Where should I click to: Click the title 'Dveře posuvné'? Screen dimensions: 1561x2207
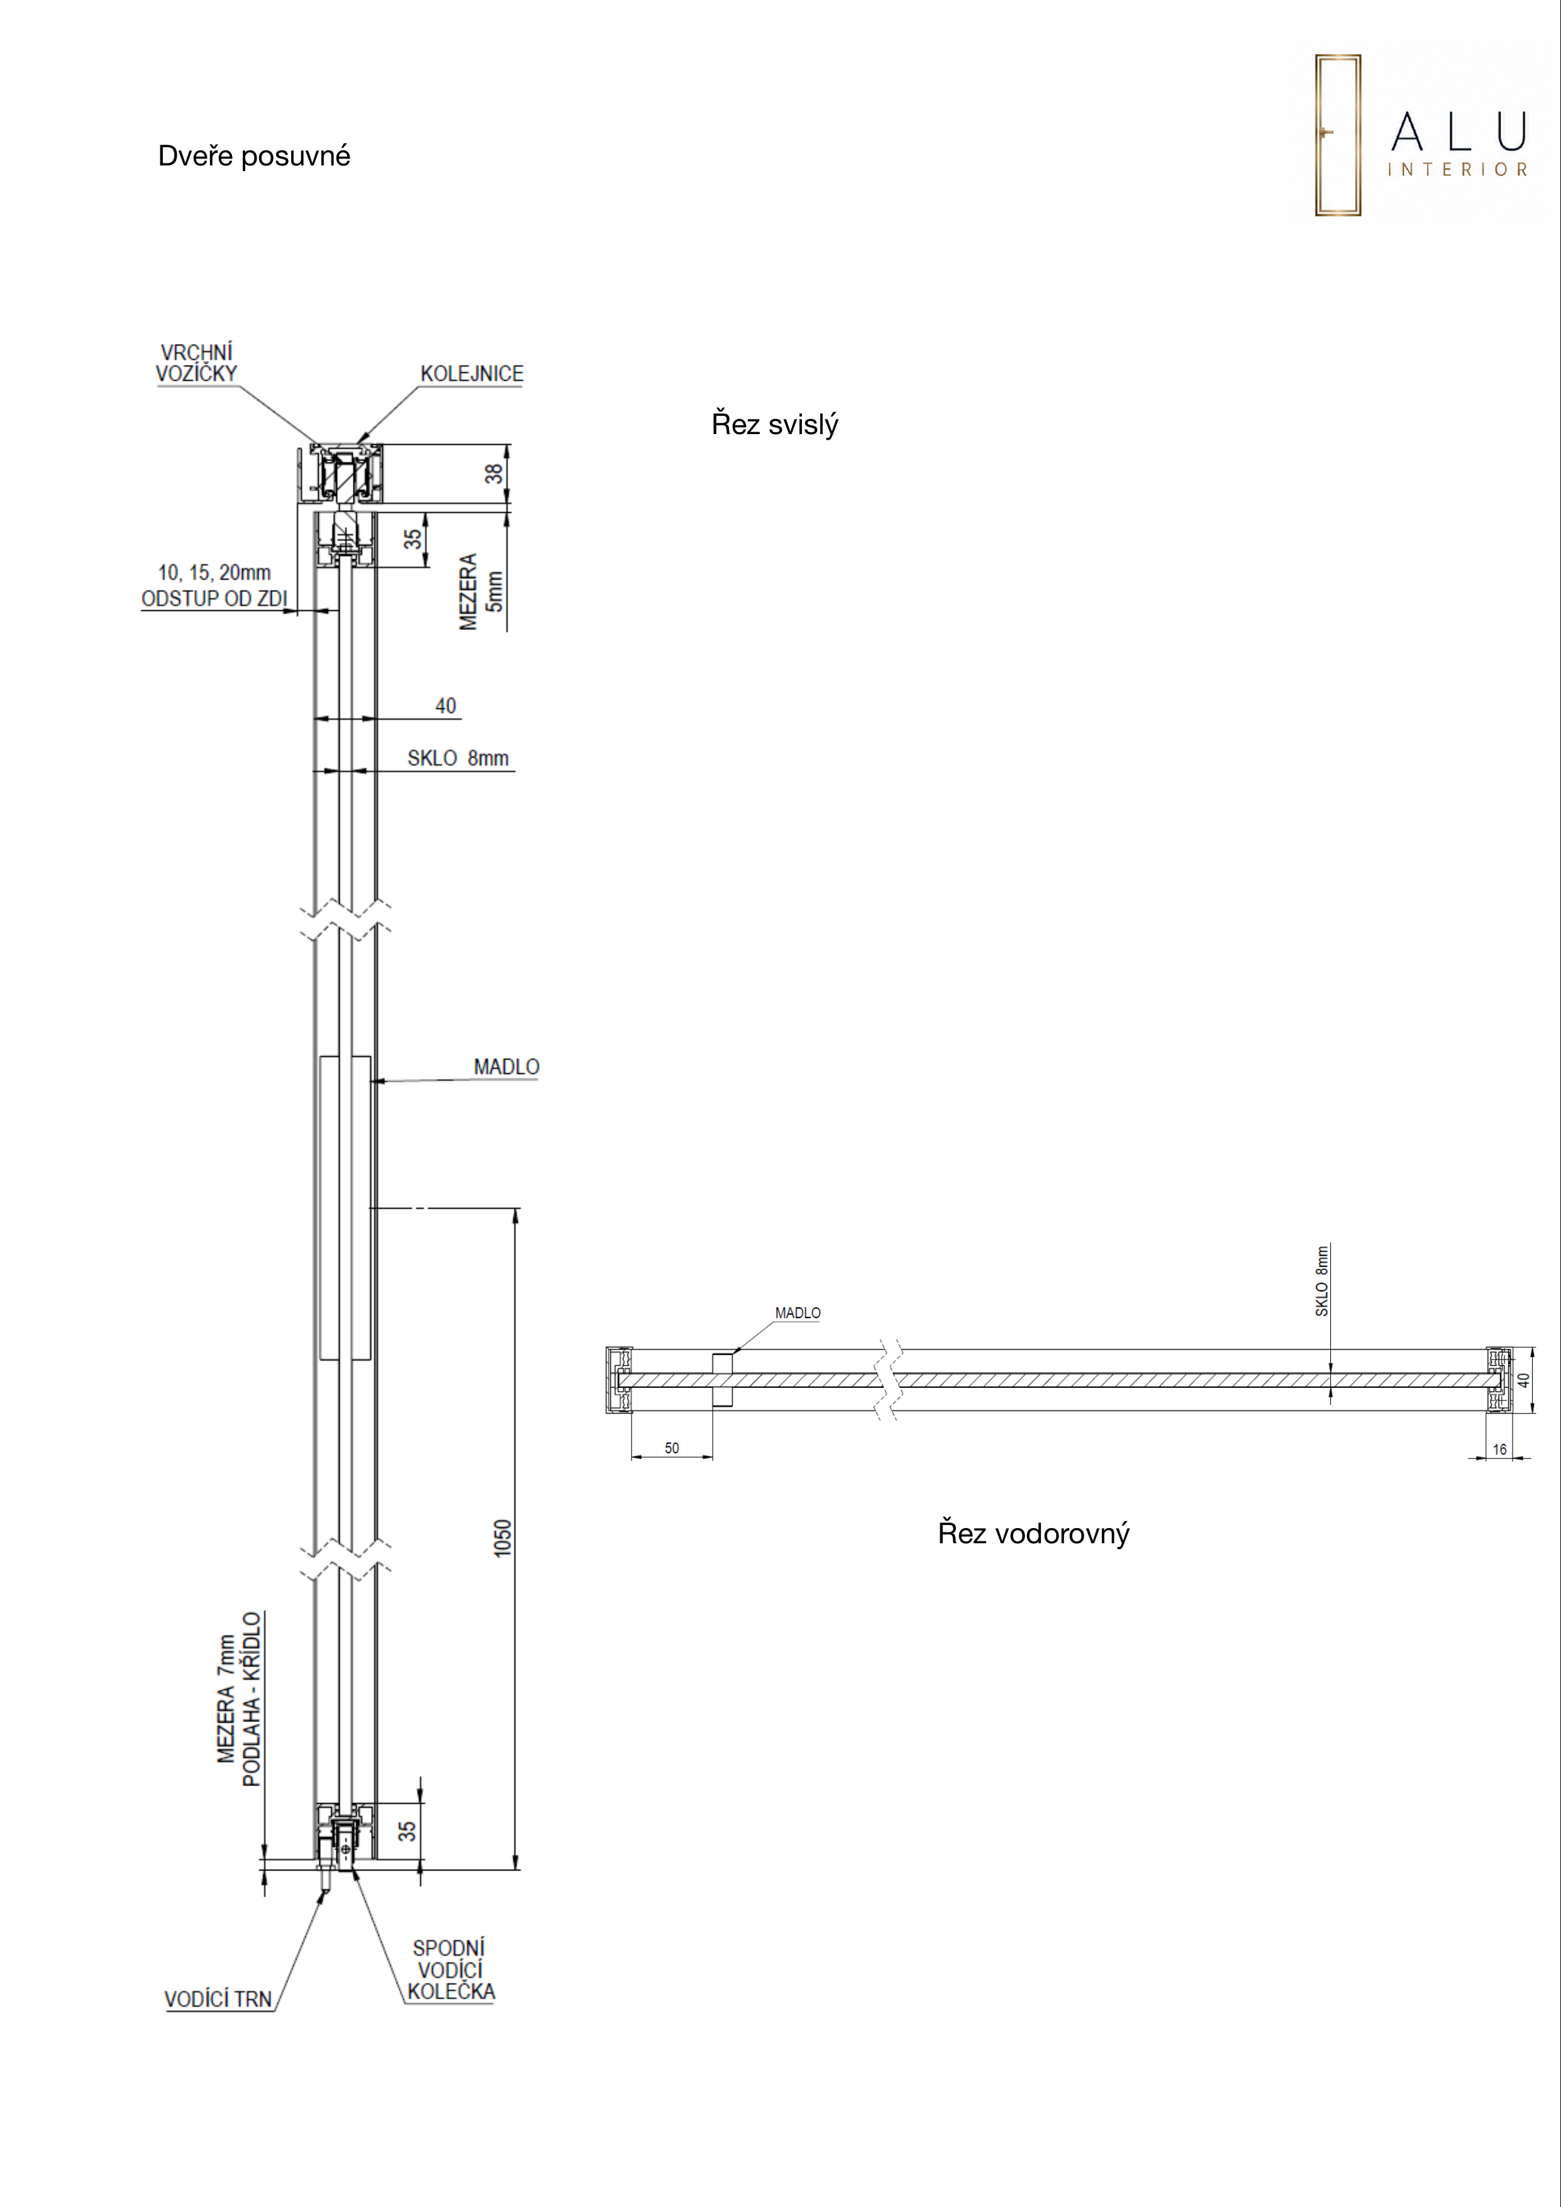point(253,156)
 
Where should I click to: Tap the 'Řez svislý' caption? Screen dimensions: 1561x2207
point(775,424)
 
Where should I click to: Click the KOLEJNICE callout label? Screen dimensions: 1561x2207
point(472,374)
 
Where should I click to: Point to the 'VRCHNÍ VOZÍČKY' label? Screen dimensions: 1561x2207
point(196,364)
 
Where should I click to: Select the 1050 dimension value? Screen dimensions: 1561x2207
point(503,1538)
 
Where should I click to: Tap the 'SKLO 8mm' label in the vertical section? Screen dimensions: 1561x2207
point(457,758)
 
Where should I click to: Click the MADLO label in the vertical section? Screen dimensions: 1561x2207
point(506,1067)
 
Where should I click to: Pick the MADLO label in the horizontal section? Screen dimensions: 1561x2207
point(798,1313)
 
